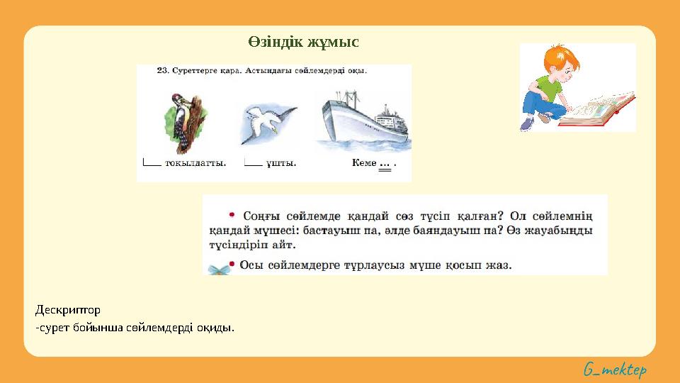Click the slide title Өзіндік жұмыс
303,42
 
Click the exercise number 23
161,71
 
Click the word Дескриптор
68,310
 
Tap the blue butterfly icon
219,268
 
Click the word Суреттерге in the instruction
193,71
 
